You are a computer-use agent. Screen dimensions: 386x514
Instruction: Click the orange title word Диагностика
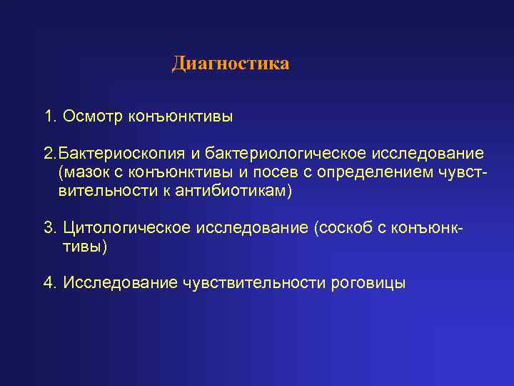click(x=231, y=64)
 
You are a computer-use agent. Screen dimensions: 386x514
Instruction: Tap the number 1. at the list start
click(x=51, y=116)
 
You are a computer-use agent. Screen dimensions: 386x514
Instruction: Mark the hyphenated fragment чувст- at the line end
click(x=466, y=173)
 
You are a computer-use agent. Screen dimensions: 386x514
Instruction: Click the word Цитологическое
click(x=127, y=228)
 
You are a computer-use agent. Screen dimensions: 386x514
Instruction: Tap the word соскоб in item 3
click(x=348, y=228)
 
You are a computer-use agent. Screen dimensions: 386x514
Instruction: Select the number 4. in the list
click(x=51, y=282)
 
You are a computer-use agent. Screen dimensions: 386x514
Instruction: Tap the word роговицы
click(x=369, y=283)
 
